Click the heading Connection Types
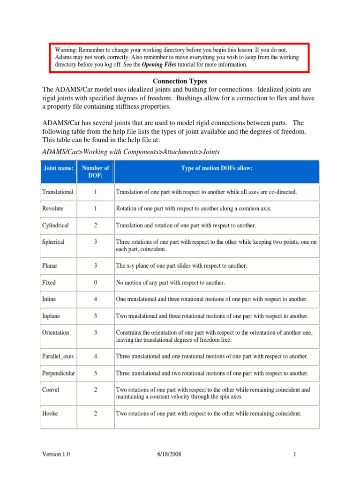tap(180, 81)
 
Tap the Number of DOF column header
tap(95, 172)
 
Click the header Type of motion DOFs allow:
tap(217, 168)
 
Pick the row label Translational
tap(58, 192)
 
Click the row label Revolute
tap(52, 209)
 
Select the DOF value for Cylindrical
tap(95, 225)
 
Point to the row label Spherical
tap(53, 242)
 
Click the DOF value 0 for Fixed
tap(95, 283)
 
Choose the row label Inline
tap(50, 300)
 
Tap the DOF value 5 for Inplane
tap(95, 316)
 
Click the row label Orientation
tap(55, 333)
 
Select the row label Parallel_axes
tap(58, 357)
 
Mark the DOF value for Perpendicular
tap(95, 374)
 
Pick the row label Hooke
tap(50, 414)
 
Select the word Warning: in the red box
tap(66, 50)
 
